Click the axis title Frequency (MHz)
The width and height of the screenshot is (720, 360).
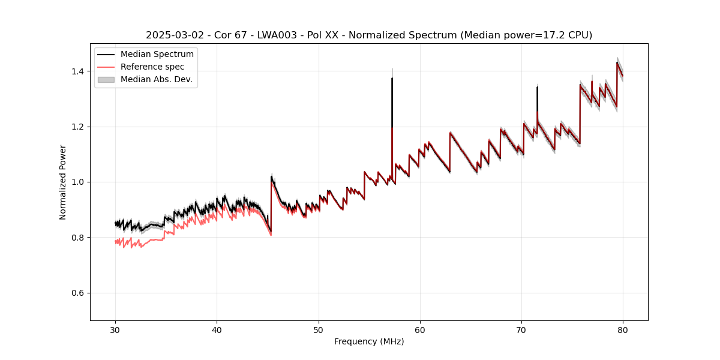(x=369, y=341)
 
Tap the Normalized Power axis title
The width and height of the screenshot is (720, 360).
(x=63, y=182)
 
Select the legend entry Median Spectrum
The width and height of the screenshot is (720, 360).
(x=157, y=55)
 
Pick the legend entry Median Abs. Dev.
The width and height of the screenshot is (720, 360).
(x=156, y=79)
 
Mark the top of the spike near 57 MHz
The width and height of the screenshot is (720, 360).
(x=392, y=78)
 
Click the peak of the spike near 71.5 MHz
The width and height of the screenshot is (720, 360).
(x=537, y=88)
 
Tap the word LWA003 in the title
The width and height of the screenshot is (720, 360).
(x=273, y=35)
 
